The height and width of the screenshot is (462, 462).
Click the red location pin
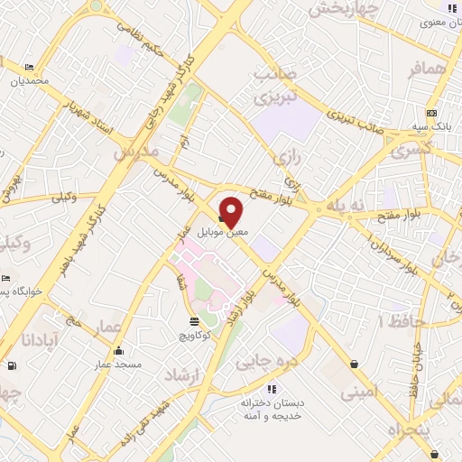(231, 210)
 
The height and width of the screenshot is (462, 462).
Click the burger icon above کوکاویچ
(195, 321)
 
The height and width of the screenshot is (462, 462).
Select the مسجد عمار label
(108, 365)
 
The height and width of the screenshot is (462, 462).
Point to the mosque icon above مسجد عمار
(118, 351)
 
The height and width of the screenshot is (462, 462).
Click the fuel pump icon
(11, 365)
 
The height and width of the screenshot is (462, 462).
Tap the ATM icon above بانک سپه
(431, 113)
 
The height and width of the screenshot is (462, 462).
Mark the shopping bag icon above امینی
(354, 365)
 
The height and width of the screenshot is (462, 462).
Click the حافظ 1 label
(394, 320)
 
